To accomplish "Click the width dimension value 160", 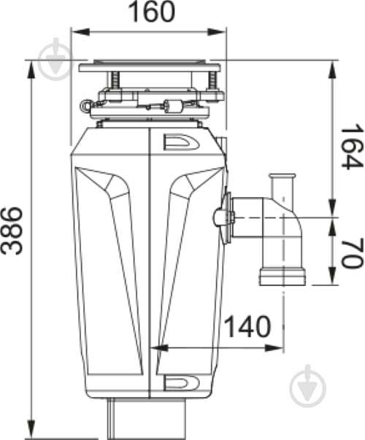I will (149, 12).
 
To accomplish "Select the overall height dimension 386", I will (12, 230).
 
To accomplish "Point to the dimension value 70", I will (352, 252).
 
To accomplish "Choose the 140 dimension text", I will (246, 328).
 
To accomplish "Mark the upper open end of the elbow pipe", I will (281, 179).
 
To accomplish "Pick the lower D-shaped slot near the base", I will (178, 382).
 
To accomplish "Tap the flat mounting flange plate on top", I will (149, 68).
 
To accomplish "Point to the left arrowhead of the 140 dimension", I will (154, 348).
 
